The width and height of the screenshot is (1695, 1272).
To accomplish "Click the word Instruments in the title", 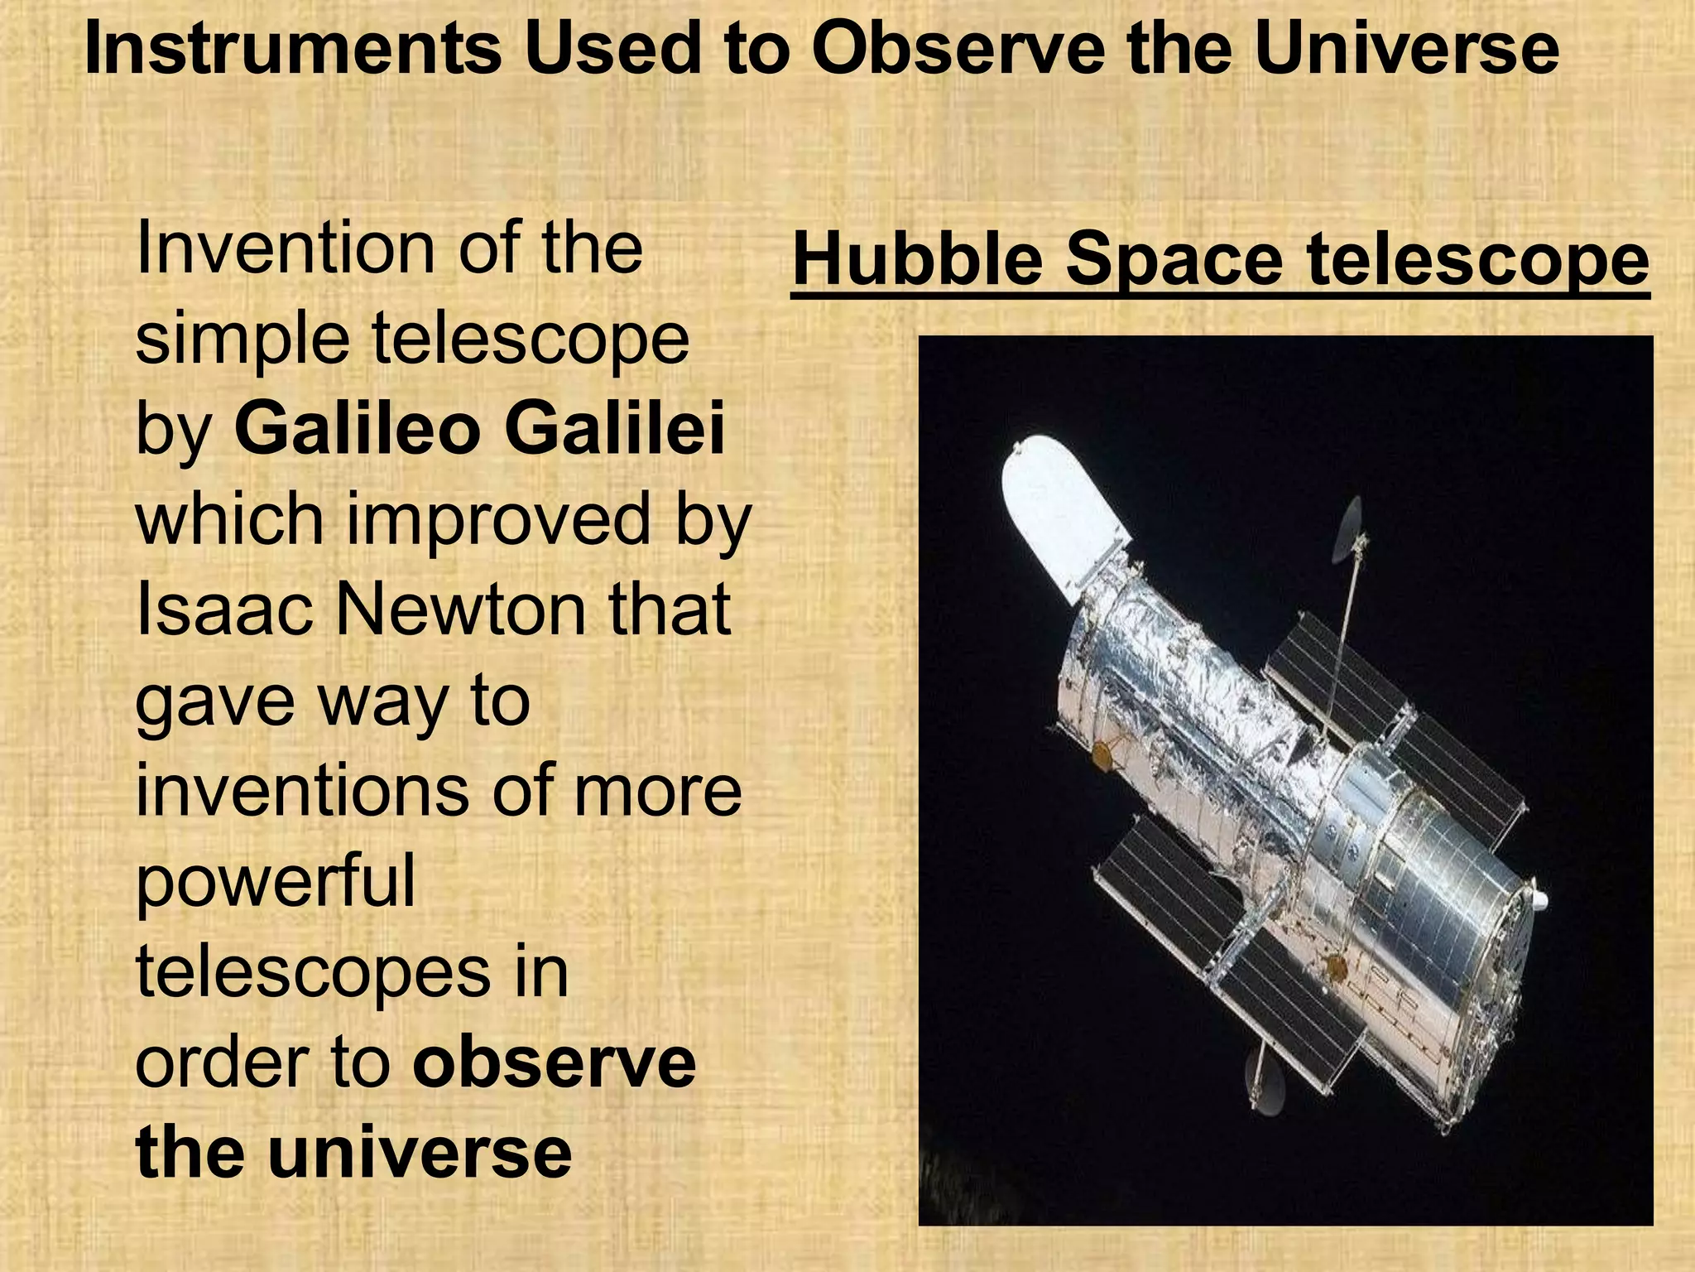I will pyautogui.click(x=293, y=50).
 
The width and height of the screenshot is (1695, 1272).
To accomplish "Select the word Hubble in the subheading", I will pyautogui.click(x=917, y=260).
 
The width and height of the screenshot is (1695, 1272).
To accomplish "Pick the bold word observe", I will pyautogui.click(x=555, y=1063).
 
